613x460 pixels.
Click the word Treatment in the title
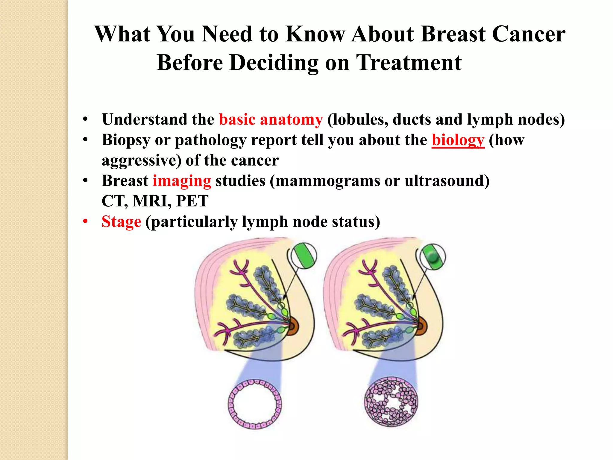[409, 63]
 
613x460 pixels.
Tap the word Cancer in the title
[529, 34]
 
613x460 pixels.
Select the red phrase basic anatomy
[271, 119]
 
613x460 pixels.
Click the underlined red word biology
[458, 140]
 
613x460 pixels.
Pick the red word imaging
[182, 181]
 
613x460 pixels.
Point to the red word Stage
[121, 222]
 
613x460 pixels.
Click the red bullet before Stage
[86, 222]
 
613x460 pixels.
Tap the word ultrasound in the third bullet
[447, 181]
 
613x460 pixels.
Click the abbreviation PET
[192, 201]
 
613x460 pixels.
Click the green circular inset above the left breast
[304, 255]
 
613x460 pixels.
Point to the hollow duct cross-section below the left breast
[255, 404]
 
